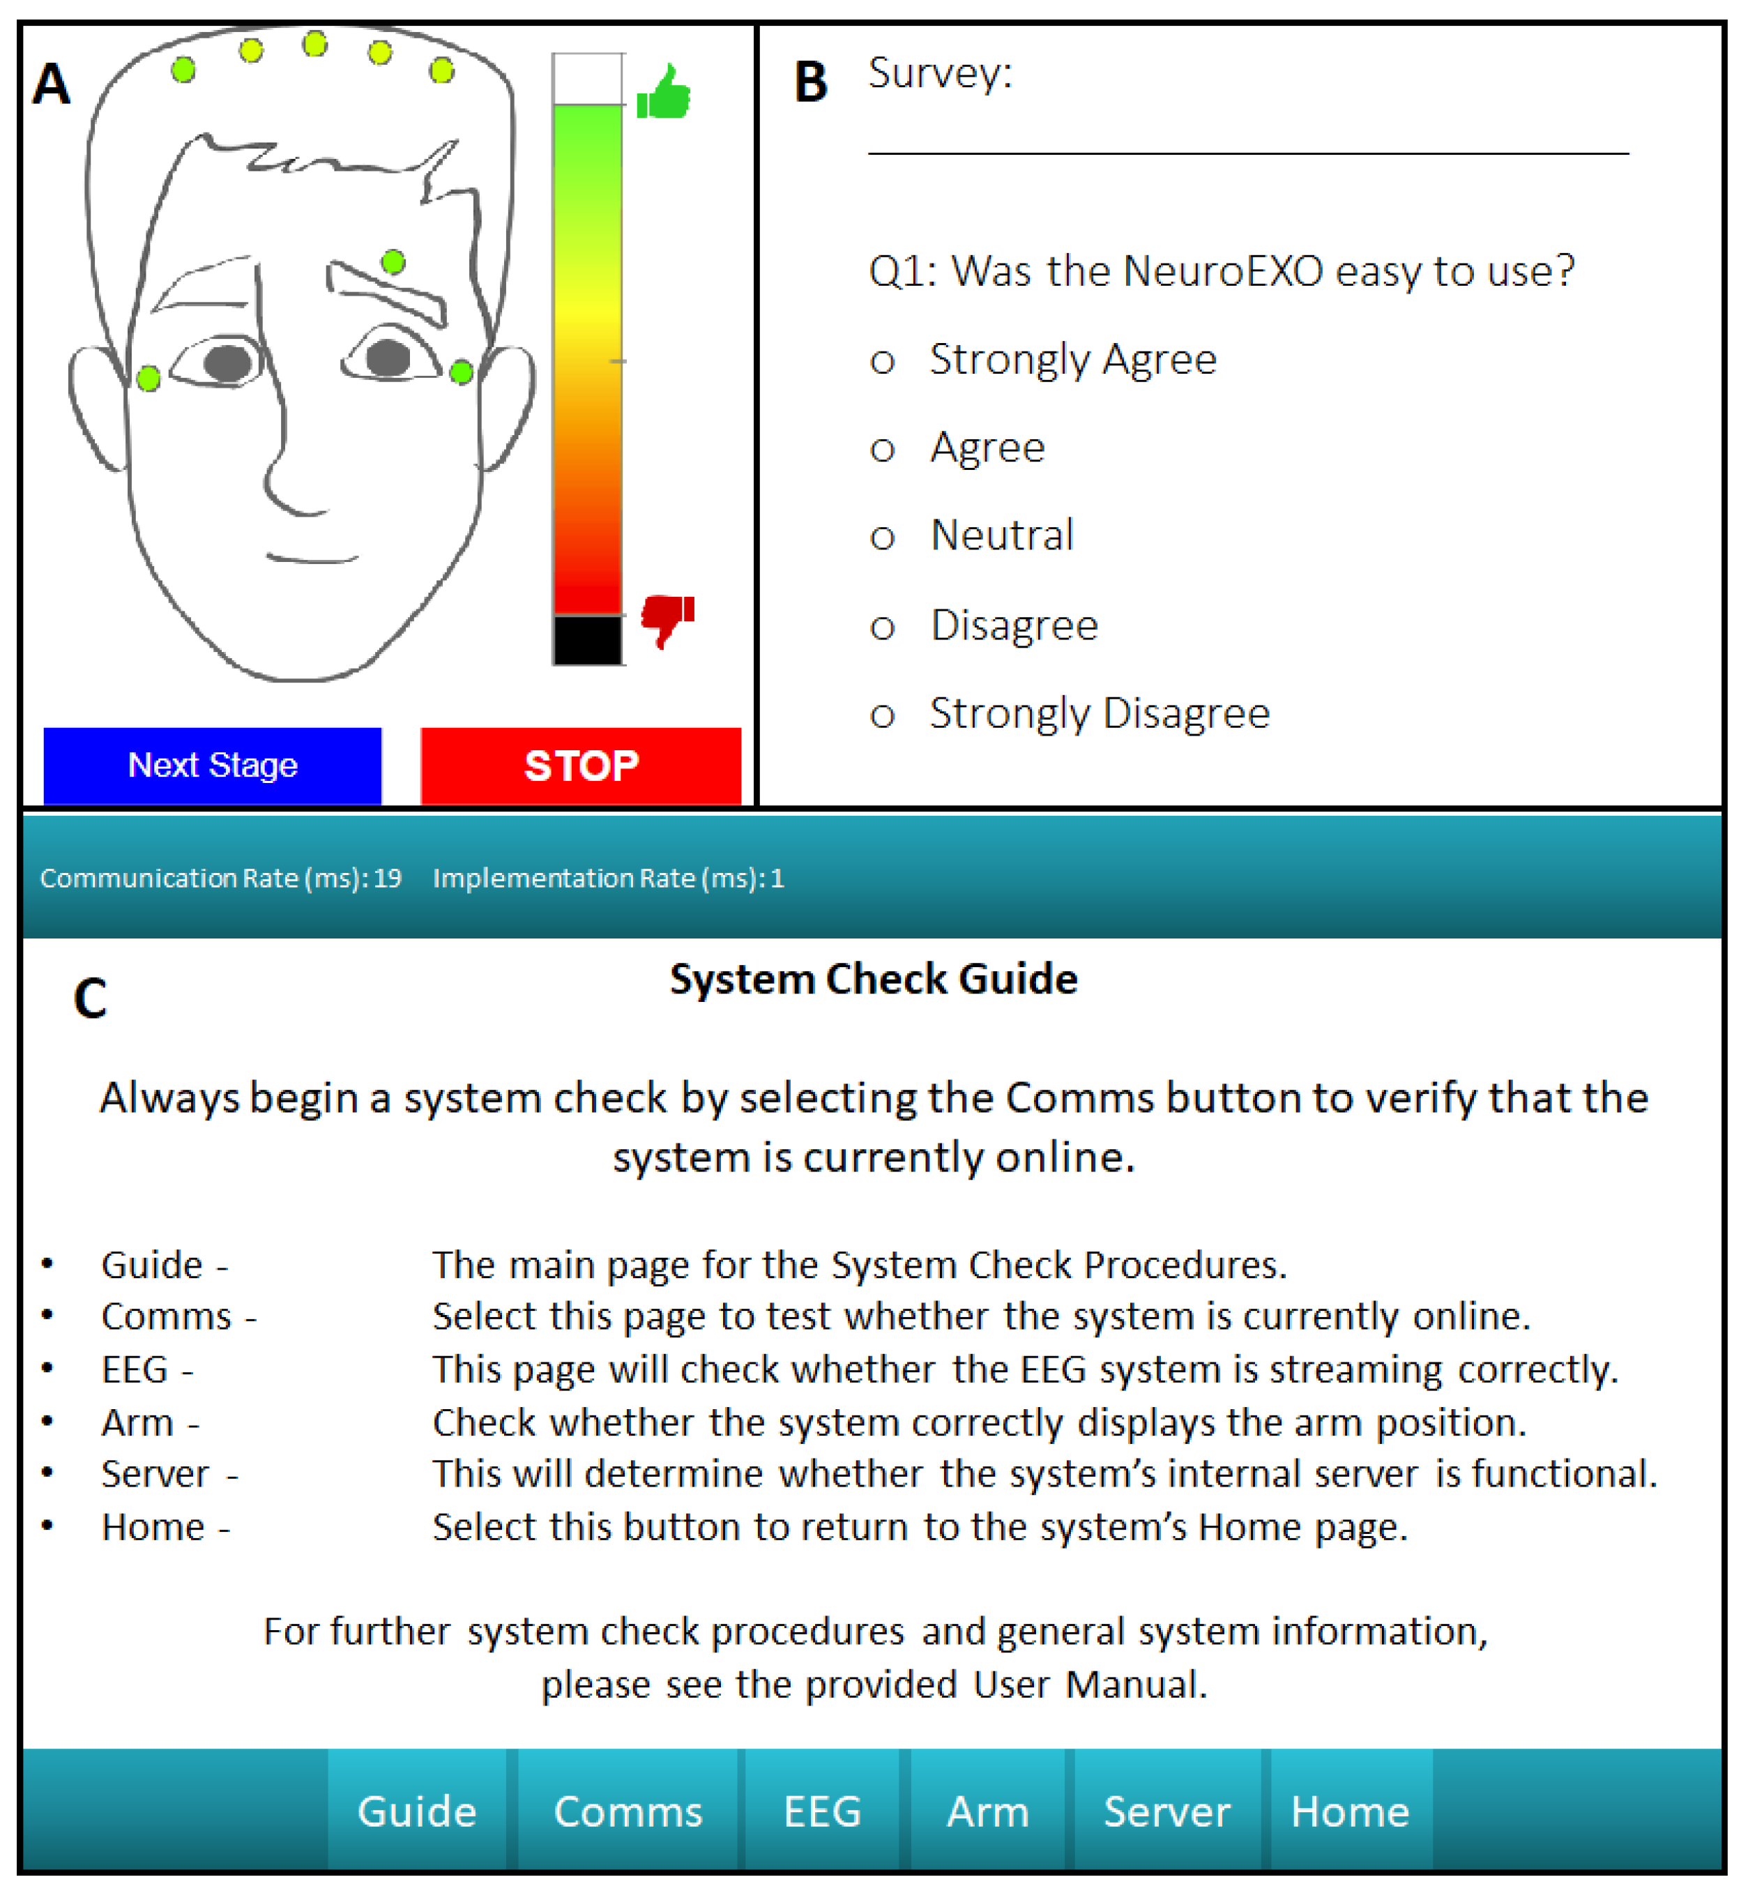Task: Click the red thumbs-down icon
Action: tap(667, 618)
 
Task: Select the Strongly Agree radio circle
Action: tap(882, 362)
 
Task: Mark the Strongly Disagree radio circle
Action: tap(882, 716)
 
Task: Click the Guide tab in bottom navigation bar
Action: tap(418, 1811)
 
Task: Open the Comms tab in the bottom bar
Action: tap(628, 1811)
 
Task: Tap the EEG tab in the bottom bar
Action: tap(823, 1811)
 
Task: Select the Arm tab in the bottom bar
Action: tap(988, 1811)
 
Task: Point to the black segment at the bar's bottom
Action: tap(587, 640)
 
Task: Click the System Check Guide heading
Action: tap(873, 979)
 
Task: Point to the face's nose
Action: tap(283, 471)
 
